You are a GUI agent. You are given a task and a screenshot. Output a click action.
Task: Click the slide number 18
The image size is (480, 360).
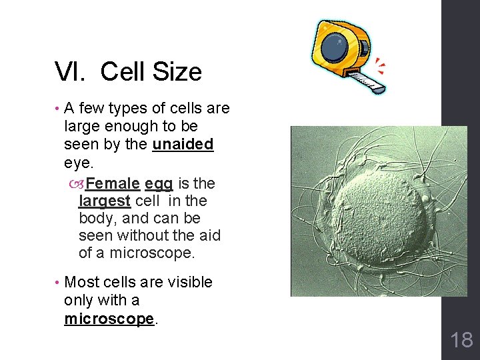coord(461,340)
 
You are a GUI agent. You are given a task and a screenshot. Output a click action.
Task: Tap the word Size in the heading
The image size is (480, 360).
coord(177,71)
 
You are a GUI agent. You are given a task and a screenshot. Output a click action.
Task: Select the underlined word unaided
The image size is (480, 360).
coord(183,145)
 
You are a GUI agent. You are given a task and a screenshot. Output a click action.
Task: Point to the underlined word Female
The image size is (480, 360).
coord(113,183)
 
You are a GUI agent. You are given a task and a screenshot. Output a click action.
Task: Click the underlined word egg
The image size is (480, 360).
coord(159,183)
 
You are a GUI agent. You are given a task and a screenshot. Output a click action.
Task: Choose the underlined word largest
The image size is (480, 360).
coord(105,201)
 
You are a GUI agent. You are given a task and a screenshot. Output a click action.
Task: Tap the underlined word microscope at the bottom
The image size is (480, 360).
coord(109,319)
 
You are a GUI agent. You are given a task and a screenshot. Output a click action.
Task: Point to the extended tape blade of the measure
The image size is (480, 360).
coord(366,81)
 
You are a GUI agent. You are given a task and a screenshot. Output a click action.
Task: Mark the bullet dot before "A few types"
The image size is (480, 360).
coord(57,109)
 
